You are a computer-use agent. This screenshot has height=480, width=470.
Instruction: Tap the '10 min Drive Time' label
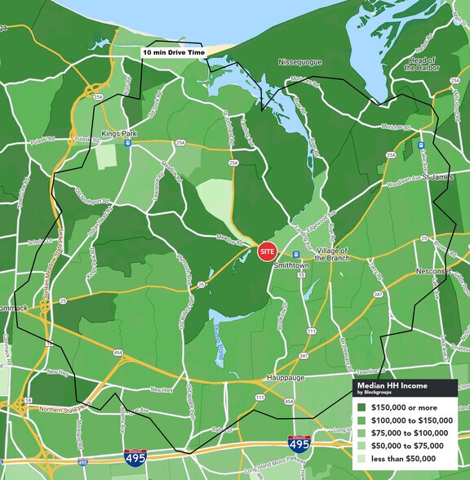point(174,51)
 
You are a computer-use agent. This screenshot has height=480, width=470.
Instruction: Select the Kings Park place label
point(122,131)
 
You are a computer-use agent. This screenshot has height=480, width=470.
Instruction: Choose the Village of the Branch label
point(332,253)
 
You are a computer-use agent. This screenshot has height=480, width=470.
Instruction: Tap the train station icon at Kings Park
point(127,142)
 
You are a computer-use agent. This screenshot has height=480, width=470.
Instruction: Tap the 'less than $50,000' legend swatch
point(361,458)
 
